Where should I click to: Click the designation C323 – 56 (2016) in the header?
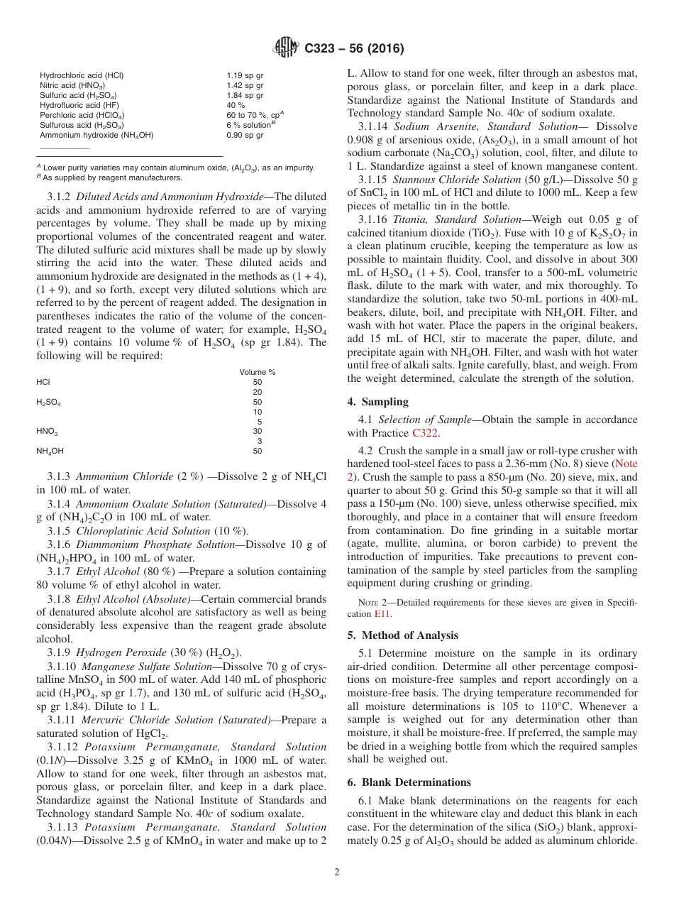[355, 49]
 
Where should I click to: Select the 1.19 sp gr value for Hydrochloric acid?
[245, 75]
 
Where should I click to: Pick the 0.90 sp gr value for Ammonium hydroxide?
[245, 135]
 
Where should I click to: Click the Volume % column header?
[257, 372]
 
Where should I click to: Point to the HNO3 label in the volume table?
[47, 431]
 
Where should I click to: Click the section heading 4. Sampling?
[377, 402]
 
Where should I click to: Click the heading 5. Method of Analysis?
[403, 635]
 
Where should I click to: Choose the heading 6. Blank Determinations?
[409, 782]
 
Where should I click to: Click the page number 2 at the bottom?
[337, 872]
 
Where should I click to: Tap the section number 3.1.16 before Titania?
[373, 219]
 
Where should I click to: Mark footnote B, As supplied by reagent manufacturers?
[110, 178]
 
